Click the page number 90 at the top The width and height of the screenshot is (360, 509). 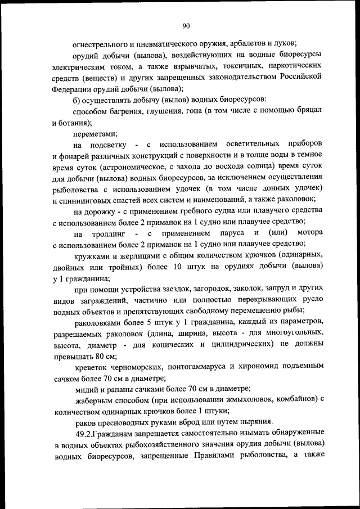click(x=186, y=25)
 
